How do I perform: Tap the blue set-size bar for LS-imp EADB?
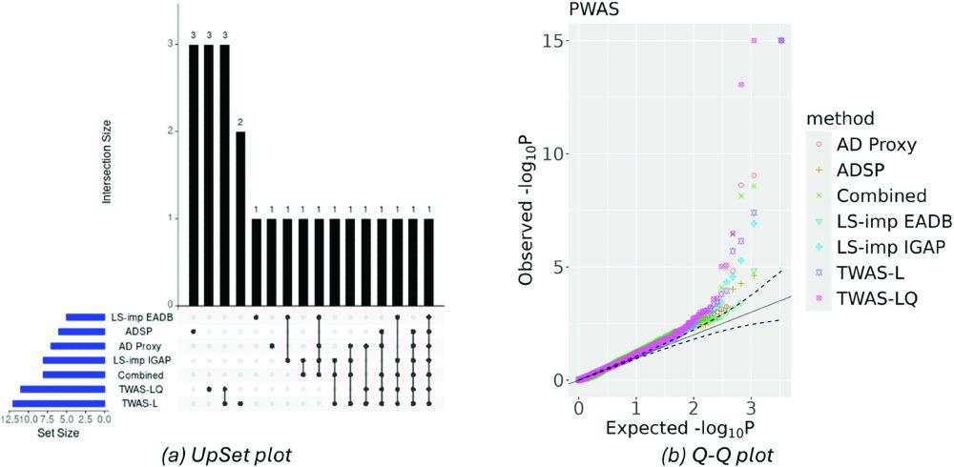coord(84,317)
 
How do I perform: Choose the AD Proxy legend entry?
coord(875,146)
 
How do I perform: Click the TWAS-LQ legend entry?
coord(877,298)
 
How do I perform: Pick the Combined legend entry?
coord(876,196)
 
